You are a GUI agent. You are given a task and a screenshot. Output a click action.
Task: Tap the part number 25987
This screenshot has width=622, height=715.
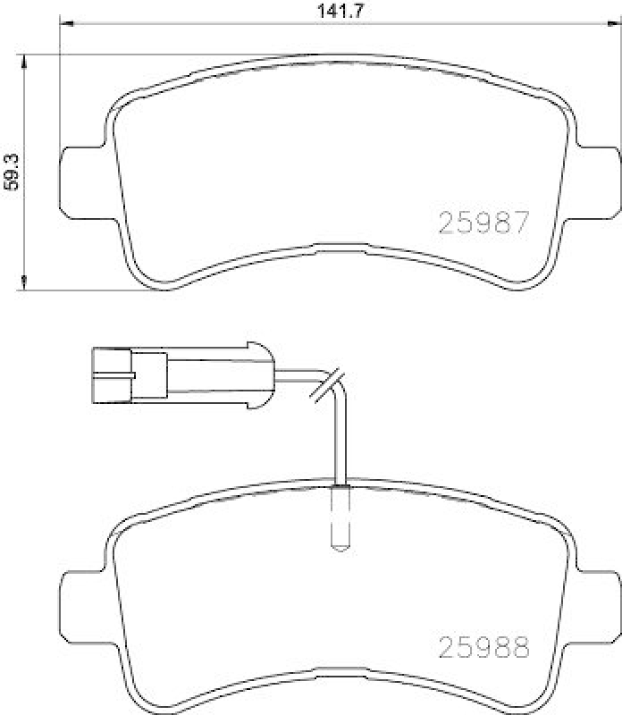tap(484, 222)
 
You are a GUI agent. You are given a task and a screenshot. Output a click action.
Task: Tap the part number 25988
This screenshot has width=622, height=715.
tap(484, 644)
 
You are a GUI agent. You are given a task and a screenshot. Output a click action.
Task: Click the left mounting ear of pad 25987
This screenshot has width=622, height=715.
tap(80, 175)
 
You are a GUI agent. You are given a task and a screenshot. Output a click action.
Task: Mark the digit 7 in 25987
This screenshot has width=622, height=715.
tap(523, 222)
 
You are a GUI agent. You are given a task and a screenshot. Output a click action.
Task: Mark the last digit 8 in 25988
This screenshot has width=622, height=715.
tap(523, 644)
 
